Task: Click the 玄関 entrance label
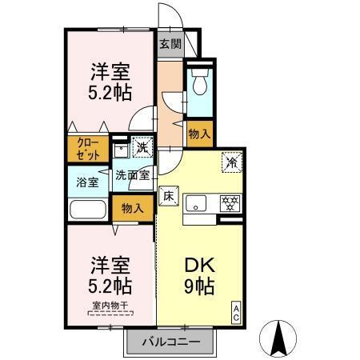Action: [x=170, y=44]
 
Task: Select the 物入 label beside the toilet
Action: [x=198, y=135]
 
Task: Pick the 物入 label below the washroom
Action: [x=132, y=208]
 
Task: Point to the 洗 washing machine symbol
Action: [x=142, y=148]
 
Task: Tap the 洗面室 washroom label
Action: [x=133, y=174]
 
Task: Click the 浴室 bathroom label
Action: [x=87, y=182]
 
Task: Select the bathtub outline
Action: [x=89, y=211]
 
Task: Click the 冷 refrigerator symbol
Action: [x=232, y=161]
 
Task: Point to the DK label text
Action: [x=199, y=264]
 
